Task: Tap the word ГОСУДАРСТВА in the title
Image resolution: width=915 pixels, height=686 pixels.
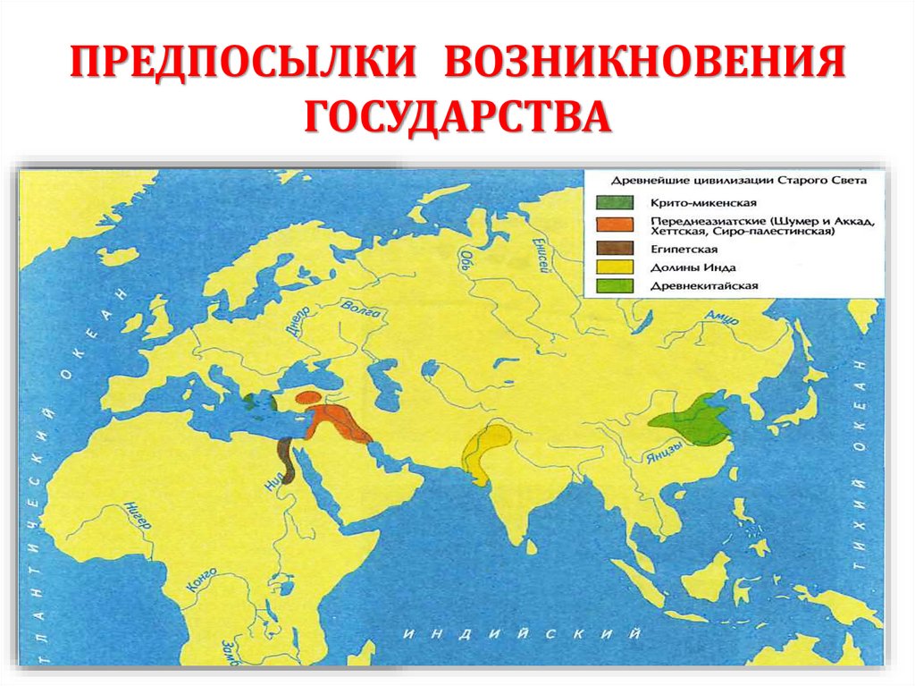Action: pyautogui.click(x=457, y=118)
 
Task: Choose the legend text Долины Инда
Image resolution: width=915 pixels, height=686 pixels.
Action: pyautogui.click(x=681, y=267)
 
